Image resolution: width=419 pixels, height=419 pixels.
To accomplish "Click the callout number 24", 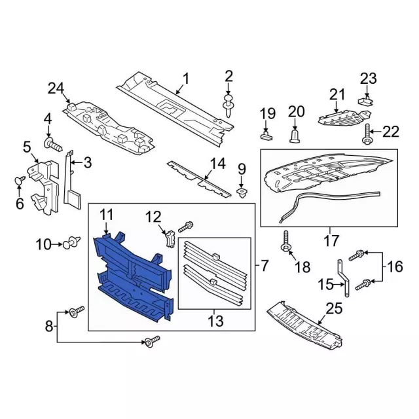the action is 56,88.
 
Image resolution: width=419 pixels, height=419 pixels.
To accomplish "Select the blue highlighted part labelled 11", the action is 134,275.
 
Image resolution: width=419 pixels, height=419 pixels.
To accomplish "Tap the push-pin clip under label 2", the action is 228,105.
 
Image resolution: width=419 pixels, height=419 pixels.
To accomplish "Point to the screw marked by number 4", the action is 53,144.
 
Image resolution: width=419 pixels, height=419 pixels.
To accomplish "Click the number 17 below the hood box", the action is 331,240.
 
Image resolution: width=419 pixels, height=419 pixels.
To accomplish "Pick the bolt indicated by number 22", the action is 367,134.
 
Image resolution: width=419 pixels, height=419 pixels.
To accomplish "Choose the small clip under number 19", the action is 266,135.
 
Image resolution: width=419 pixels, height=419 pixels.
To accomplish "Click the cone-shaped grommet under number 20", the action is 295,136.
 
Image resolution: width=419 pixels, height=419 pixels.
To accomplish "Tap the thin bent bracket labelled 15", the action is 343,278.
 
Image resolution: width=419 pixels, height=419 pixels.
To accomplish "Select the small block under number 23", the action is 365,101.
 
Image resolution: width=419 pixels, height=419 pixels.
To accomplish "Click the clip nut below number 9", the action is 242,192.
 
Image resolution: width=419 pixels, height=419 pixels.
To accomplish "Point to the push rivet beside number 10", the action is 72,243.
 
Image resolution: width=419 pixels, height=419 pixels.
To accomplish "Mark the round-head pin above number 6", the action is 20,181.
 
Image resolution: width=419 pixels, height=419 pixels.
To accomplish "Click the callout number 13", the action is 215,321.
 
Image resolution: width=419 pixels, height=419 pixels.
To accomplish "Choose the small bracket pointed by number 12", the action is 170,238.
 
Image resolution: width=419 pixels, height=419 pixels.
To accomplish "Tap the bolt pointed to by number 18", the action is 286,242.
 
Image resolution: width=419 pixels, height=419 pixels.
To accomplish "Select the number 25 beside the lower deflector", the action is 335,309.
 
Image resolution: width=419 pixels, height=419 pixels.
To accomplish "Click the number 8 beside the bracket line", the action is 49,326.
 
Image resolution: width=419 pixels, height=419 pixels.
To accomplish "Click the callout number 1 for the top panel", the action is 186,79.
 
